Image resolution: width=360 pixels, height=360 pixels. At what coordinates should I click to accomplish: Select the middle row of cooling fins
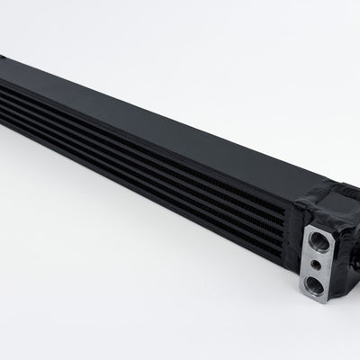point(135,140)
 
